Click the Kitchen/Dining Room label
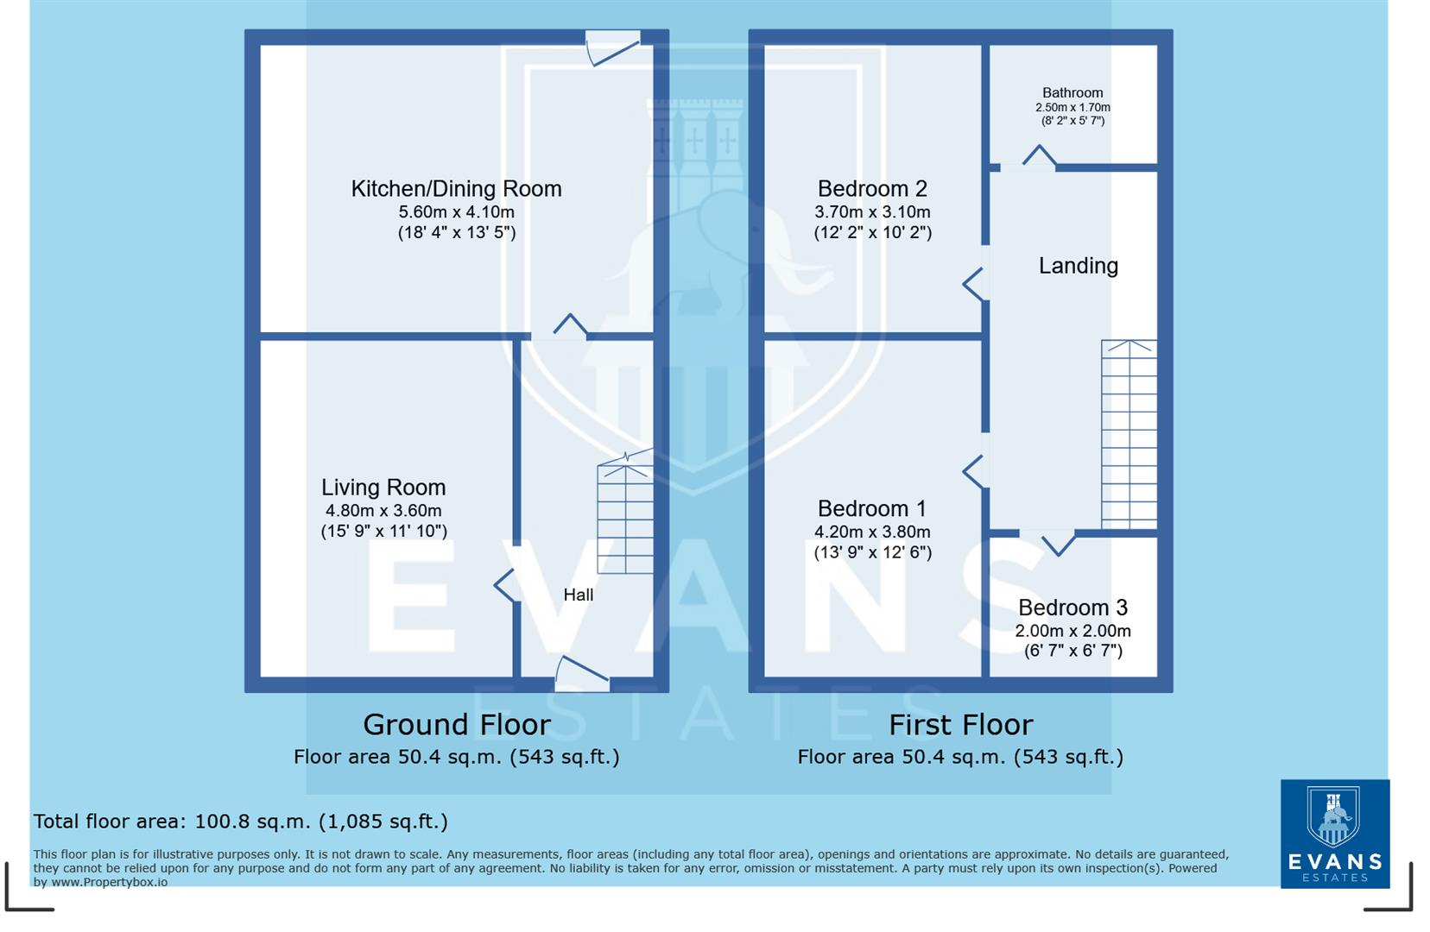point(456,189)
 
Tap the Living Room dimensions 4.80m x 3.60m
point(383,511)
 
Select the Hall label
point(578,595)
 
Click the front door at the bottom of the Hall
point(582,674)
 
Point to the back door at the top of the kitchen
point(612,48)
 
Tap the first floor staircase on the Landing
point(1129,433)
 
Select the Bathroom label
point(1072,93)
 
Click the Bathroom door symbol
point(1039,158)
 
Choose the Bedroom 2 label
point(872,189)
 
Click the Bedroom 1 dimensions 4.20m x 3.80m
point(872,532)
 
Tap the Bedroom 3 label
point(1072,608)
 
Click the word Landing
point(1078,266)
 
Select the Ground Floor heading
point(456,725)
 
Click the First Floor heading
point(960,725)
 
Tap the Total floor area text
point(240,822)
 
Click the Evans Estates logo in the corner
point(1334,833)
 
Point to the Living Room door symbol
point(506,585)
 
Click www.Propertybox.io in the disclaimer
point(109,882)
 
